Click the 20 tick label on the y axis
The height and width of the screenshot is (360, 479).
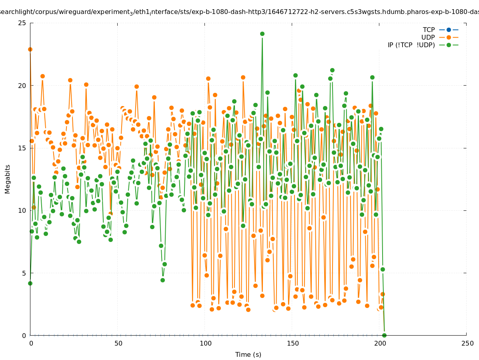pyautogui.click(x=22, y=86)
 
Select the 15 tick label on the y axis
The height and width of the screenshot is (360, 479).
pyautogui.click(x=22, y=148)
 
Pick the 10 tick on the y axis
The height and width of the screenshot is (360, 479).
pyautogui.click(x=22, y=210)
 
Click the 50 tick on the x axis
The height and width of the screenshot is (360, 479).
pyautogui.click(x=118, y=343)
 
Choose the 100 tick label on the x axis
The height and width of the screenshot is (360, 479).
pyautogui.click(x=205, y=343)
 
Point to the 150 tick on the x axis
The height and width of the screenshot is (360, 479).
pyautogui.click(x=293, y=343)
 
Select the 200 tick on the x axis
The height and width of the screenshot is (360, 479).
pyautogui.click(x=380, y=343)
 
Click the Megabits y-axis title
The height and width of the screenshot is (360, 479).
pyautogui.click(x=8, y=179)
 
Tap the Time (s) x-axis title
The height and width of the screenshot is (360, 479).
pyautogui.click(x=248, y=354)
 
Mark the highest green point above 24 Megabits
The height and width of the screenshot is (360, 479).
pyautogui.click(x=262, y=34)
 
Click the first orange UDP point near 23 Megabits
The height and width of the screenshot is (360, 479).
pyautogui.click(x=30, y=49)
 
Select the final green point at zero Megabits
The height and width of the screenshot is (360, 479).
pyautogui.click(x=384, y=335)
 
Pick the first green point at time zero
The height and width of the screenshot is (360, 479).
pyautogui.click(x=30, y=283)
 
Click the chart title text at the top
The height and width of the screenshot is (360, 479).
pyautogui.click(x=239, y=12)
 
